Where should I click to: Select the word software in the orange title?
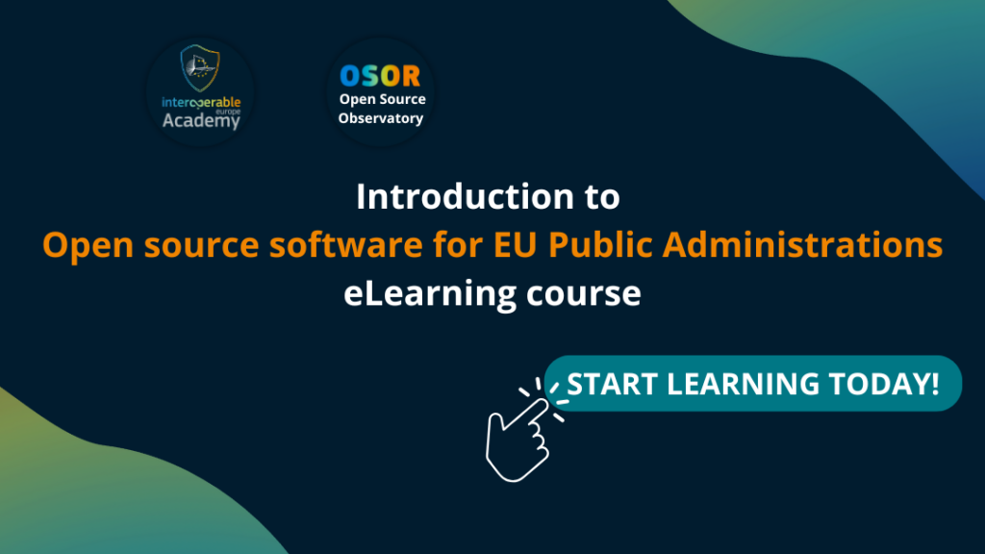click(x=345, y=244)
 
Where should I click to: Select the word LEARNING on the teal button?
click(x=744, y=384)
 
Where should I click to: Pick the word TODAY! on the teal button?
click(x=884, y=384)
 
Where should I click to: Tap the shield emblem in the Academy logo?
click(x=200, y=68)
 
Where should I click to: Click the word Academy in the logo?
click(x=201, y=120)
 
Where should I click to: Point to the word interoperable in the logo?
click(x=201, y=102)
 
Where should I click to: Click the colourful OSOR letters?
click(x=380, y=76)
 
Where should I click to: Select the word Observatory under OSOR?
click(x=381, y=118)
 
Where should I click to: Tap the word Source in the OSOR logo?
click(x=402, y=99)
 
